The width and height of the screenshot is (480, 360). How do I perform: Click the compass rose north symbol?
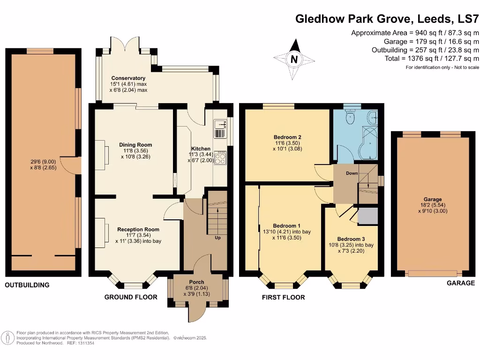[x=294, y=59]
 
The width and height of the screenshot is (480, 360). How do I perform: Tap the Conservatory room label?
[x=128, y=78]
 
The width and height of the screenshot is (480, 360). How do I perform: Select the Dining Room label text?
[x=135, y=145]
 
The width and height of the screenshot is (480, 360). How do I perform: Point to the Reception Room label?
[x=138, y=229]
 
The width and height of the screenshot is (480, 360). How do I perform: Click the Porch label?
[x=196, y=282]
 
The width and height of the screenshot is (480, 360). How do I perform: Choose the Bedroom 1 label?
[x=286, y=225]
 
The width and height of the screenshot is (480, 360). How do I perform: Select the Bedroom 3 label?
[x=351, y=239]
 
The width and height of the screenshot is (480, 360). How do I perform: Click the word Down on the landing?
[x=352, y=173]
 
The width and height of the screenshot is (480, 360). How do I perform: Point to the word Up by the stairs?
[x=217, y=238]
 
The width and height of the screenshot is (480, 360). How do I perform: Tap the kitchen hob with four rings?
[x=220, y=158]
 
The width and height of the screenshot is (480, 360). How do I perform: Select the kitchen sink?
[x=219, y=128]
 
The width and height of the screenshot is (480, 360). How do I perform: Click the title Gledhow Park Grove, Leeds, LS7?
[x=387, y=19]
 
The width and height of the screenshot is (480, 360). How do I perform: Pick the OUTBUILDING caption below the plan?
[x=27, y=285]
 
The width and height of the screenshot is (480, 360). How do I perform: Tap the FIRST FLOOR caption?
[x=283, y=297]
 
